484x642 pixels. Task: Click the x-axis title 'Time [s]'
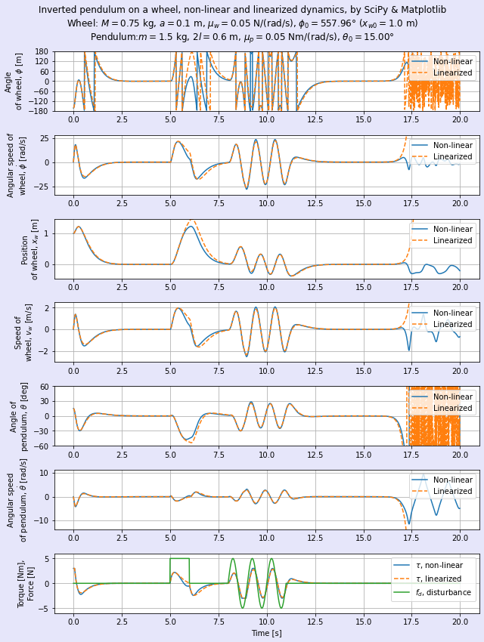point(266,633)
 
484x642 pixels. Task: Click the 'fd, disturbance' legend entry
point(443,592)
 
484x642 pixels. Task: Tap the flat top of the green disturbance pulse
point(179,559)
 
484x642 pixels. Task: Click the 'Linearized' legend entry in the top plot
point(452,73)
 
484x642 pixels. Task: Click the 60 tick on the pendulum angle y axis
point(44,387)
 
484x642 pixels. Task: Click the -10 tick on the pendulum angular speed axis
point(41,520)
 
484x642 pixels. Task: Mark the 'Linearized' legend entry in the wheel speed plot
point(452,324)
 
